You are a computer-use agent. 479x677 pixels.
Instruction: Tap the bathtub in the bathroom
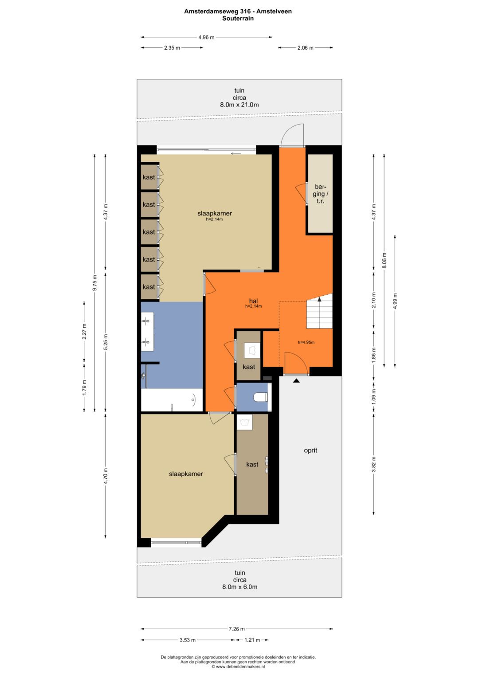point(172,400)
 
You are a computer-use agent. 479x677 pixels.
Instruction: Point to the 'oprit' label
point(310,450)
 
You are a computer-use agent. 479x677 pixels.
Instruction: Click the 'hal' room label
point(253,301)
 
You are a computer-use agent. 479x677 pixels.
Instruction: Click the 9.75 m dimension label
point(95,283)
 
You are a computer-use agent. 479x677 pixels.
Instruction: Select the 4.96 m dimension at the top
point(206,38)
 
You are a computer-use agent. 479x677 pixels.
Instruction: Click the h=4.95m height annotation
point(306,342)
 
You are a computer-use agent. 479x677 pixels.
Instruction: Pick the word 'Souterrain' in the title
point(238,18)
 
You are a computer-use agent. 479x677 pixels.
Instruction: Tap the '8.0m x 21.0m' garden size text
point(239,105)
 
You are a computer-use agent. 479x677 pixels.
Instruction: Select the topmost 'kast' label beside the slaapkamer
point(149,177)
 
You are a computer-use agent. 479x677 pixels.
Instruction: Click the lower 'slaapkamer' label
point(186,474)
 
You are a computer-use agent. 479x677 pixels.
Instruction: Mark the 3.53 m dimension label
point(188,640)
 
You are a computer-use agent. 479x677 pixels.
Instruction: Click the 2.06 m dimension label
point(306,48)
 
